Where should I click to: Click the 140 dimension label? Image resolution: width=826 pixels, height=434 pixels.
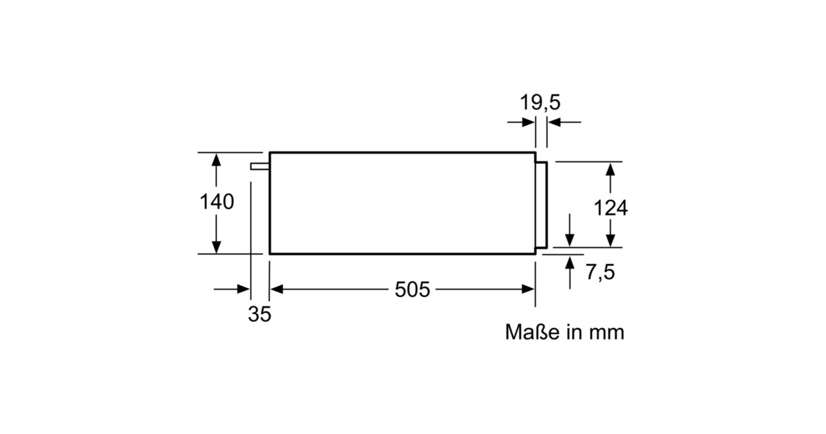pyautogui.click(x=217, y=202)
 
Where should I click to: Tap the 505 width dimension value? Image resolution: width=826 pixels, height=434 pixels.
pyautogui.click(x=412, y=289)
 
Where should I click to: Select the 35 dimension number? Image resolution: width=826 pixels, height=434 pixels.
pyautogui.click(x=260, y=314)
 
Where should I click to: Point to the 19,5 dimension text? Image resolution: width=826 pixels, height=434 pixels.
pyautogui.click(x=540, y=102)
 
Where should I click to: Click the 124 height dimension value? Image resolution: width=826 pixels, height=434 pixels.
pyautogui.click(x=611, y=208)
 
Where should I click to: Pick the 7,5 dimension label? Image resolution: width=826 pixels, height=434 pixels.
pyautogui.click(x=600, y=272)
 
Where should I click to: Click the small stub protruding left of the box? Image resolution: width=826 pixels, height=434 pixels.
pyautogui.click(x=260, y=167)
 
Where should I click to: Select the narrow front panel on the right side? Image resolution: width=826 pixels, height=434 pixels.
pyautogui.click(x=542, y=205)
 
